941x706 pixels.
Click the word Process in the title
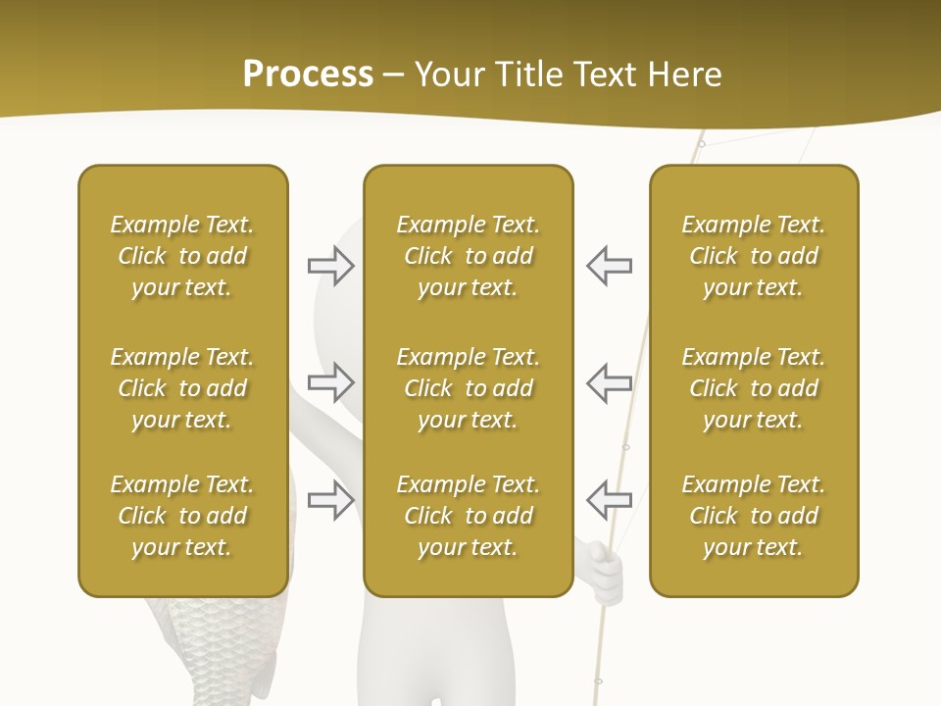[308, 75]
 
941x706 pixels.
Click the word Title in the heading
[526, 75]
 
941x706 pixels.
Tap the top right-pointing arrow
[331, 266]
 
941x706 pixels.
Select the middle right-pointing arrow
[331, 381]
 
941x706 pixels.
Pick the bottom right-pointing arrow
[331, 499]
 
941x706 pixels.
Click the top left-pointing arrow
[609, 266]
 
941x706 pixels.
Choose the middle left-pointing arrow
[609, 381]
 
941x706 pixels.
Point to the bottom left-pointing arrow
[609, 499]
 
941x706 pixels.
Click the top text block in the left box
[182, 256]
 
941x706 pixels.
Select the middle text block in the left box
[182, 388]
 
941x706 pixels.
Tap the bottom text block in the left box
[182, 516]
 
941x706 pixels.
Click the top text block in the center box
[468, 256]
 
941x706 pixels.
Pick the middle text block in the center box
[468, 388]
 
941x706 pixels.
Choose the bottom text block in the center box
[468, 516]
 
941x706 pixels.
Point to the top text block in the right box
[754, 256]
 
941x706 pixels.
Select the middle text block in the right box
[754, 388]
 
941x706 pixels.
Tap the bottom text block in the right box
[754, 516]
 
